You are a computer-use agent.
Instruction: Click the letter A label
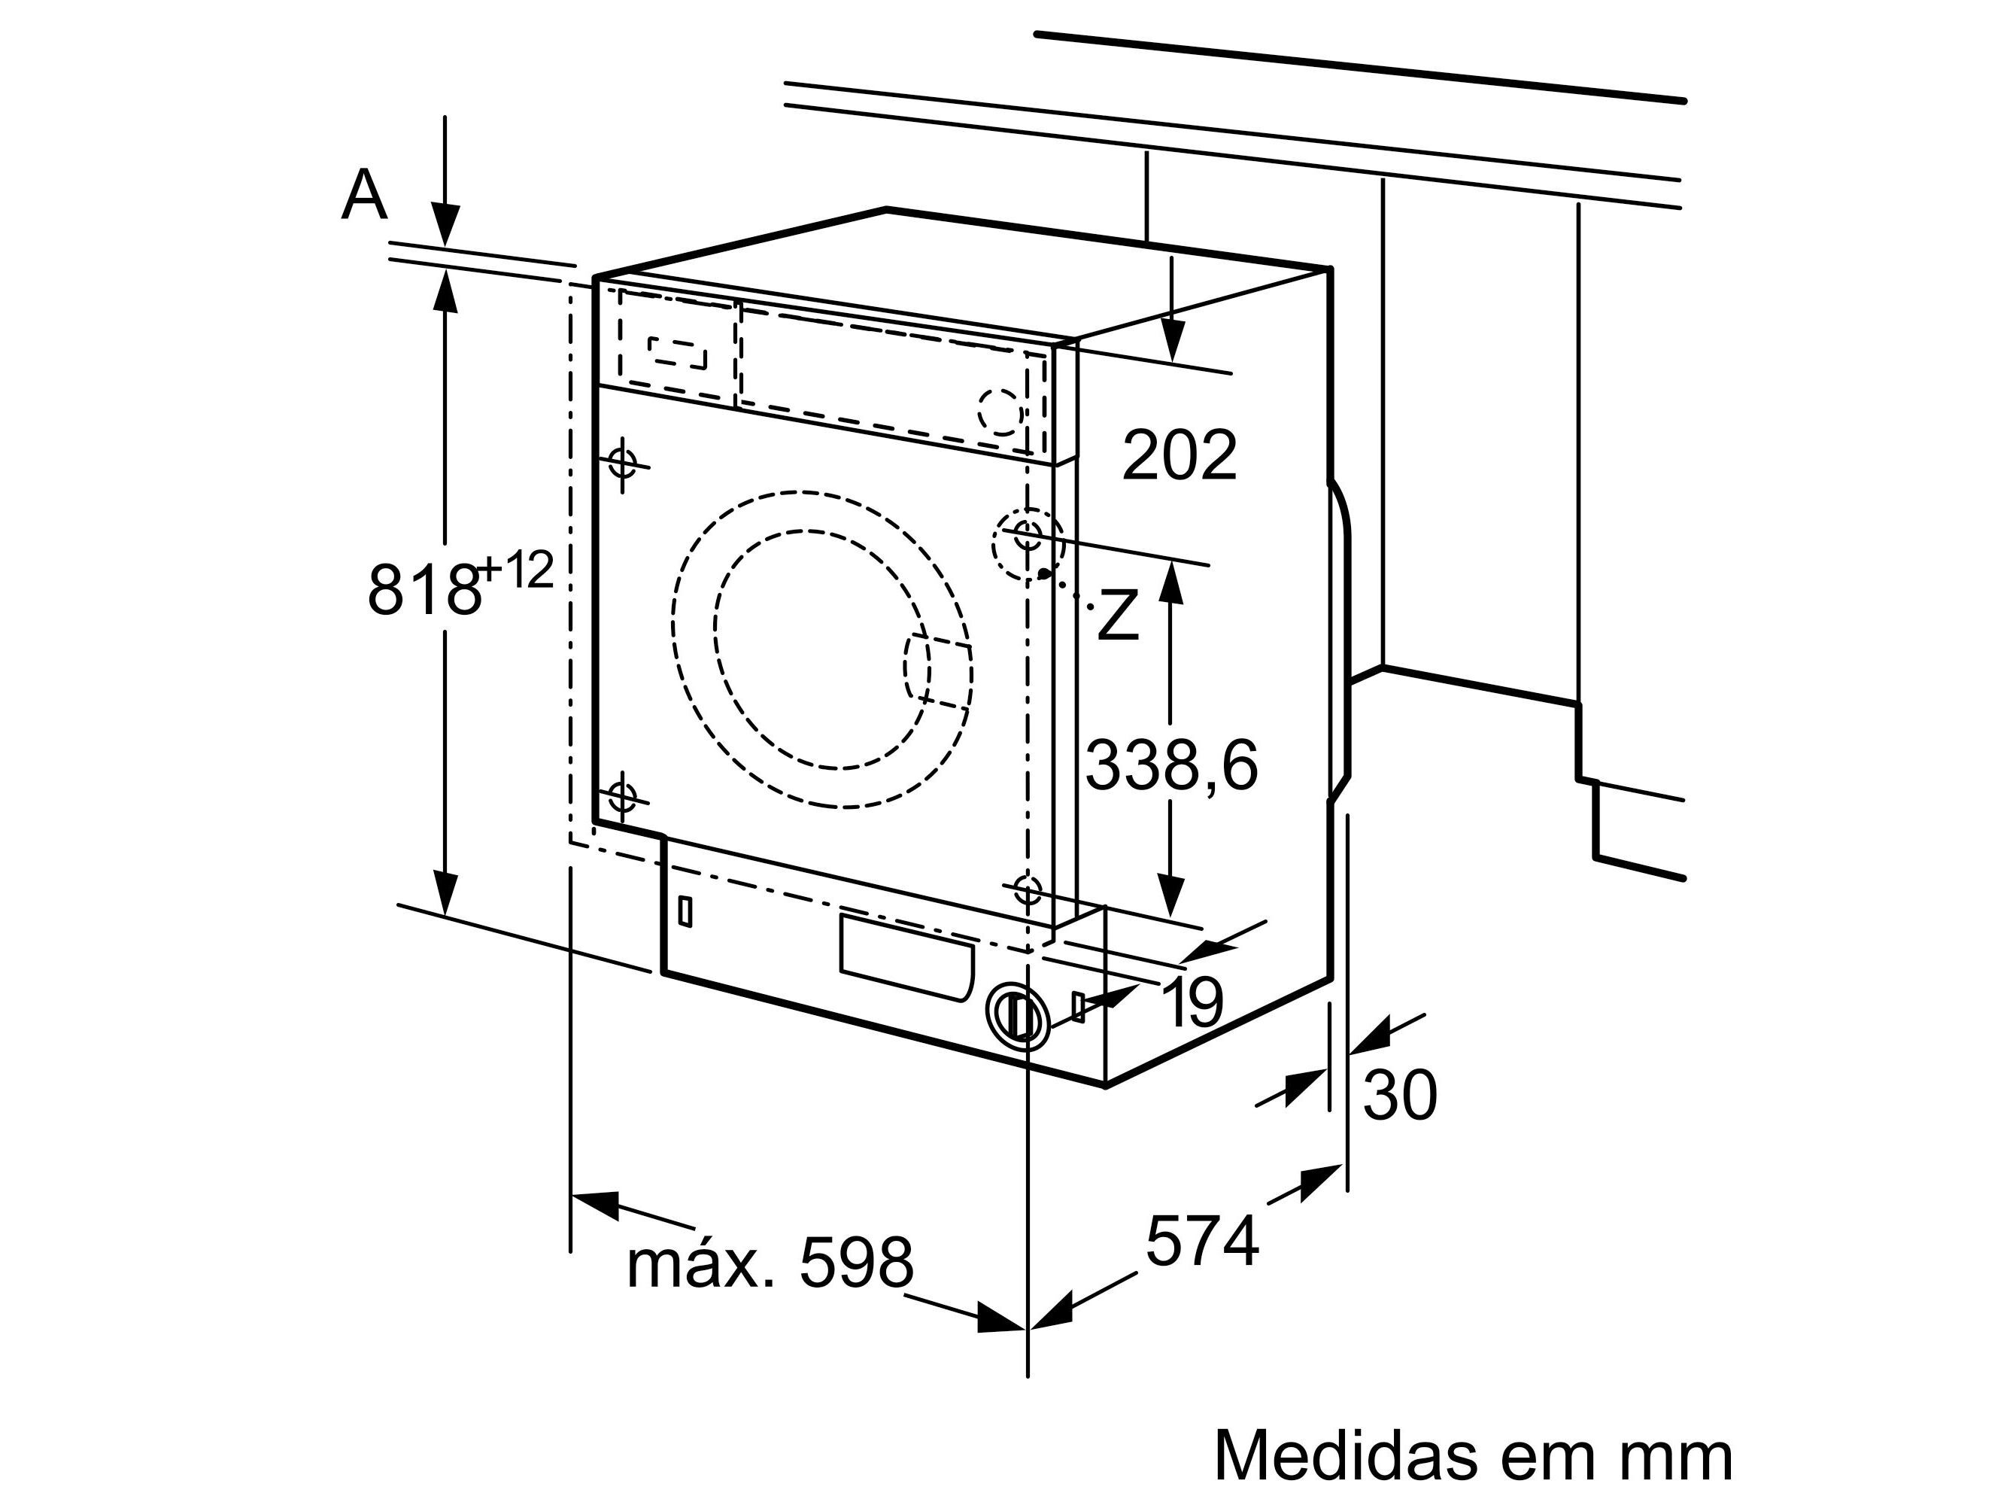coord(363,196)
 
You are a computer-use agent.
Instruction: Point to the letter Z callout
coord(1118,615)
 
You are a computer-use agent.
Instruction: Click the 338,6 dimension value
coord(1171,765)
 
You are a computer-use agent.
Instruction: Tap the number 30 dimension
coord(1400,1095)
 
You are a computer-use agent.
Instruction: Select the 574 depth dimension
coord(1201,1241)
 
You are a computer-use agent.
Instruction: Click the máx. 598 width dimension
coord(770,1263)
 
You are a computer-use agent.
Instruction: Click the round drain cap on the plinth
coord(1017,1016)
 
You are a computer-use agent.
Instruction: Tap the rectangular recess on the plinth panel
coord(905,957)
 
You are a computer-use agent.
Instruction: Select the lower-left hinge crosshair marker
coord(622,797)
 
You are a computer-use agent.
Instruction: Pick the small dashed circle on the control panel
coord(999,411)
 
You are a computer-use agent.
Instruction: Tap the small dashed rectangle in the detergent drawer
coord(678,353)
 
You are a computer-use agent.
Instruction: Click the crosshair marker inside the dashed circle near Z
coord(1028,534)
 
